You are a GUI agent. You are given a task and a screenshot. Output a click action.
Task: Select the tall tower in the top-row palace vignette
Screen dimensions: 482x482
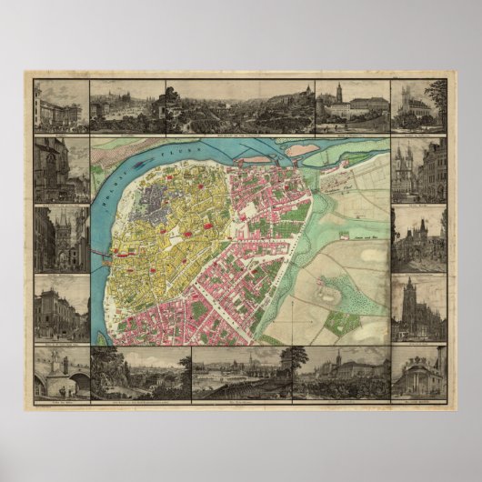point(337,94)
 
